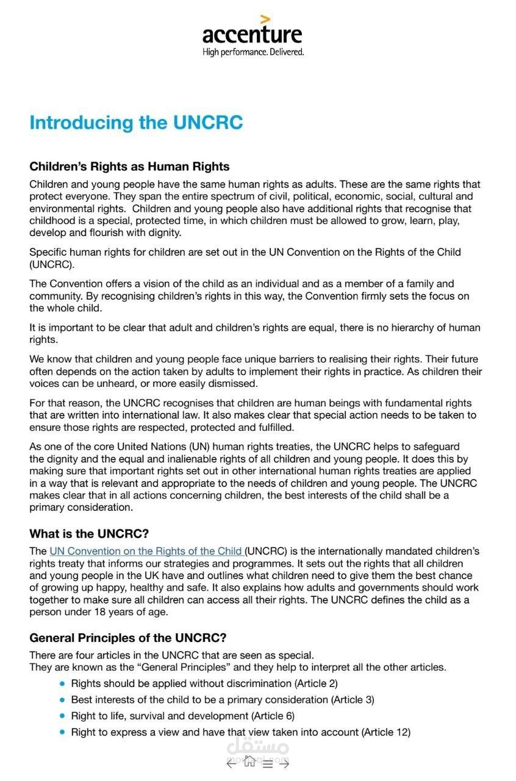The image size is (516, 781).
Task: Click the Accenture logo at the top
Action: pos(253,35)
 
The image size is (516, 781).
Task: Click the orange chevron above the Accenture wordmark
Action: pos(265,20)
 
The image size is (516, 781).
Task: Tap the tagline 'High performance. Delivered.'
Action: pos(253,52)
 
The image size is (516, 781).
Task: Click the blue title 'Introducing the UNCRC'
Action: pos(136,123)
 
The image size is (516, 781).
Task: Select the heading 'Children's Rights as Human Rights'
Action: pos(129,167)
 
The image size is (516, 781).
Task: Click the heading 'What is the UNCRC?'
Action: pos(89,534)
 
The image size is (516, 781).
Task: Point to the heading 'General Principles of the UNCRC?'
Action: pos(128,638)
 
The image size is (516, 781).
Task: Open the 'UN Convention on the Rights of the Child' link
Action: pos(145,551)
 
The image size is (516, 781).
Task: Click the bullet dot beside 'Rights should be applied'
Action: pos(62,684)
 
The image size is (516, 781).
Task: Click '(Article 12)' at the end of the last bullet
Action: pos(386,732)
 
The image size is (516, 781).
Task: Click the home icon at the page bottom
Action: pos(249,761)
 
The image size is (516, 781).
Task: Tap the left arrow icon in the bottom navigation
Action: pos(231,763)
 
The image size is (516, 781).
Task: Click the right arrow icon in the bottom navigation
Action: pos(285,763)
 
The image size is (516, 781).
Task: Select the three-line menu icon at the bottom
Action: pos(268,764)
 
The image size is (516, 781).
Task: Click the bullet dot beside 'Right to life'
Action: pos(62,716)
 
